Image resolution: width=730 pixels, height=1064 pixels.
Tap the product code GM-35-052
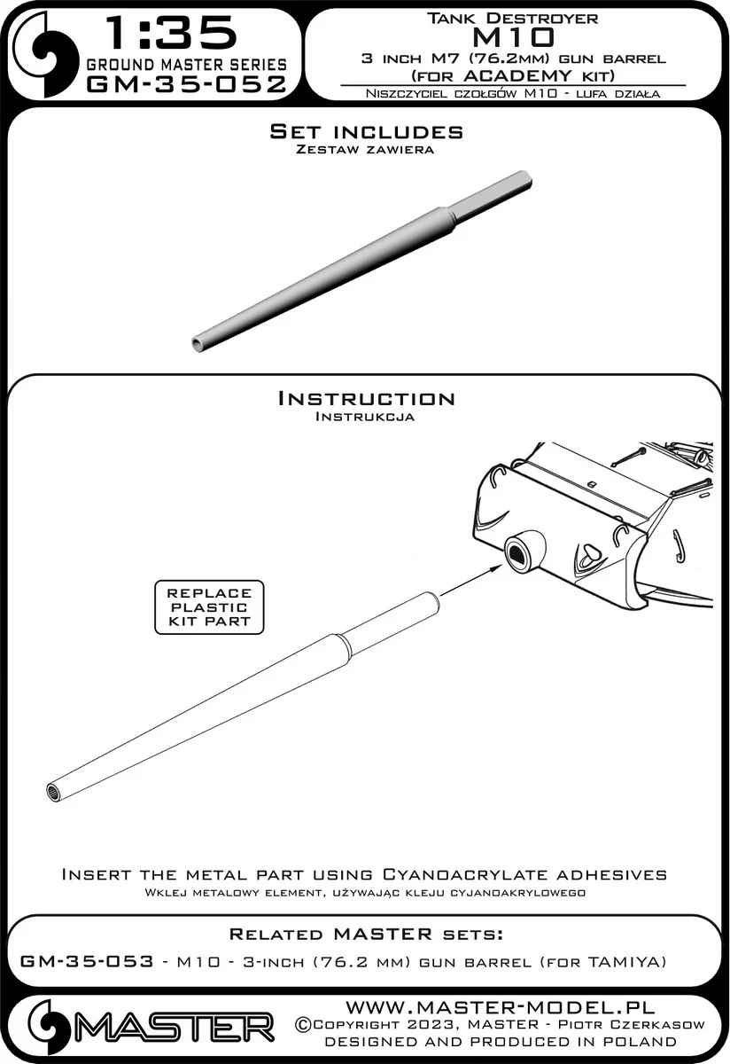pos(187,84)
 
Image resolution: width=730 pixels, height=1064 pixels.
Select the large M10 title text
pos(512,37)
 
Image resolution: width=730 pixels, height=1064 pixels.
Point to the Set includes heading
pos(366,131)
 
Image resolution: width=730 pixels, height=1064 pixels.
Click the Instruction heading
pos(366,398)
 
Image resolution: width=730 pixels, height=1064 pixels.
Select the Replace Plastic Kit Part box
pos(209,607)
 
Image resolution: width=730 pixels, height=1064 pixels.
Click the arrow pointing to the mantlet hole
pos(471,580)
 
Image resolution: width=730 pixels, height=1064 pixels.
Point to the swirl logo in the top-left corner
pos(44,51)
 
